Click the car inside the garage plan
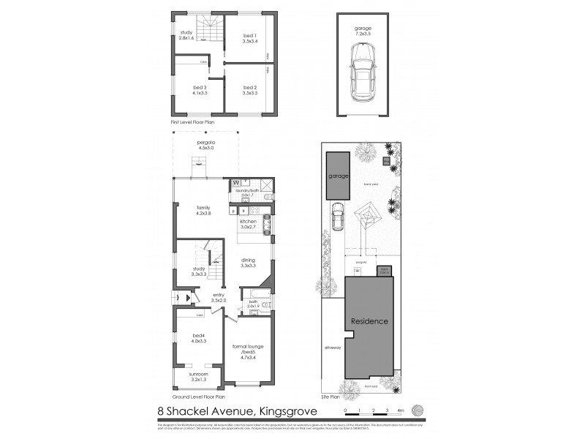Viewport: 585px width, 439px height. point(363,72)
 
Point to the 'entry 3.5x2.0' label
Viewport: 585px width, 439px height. point(219,298)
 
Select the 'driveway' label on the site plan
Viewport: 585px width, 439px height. point(333,348)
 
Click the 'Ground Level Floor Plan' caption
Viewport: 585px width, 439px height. point(198,395)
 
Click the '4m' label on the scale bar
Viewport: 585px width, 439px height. point(401,410)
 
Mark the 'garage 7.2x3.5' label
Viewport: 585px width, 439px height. point(363,31)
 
